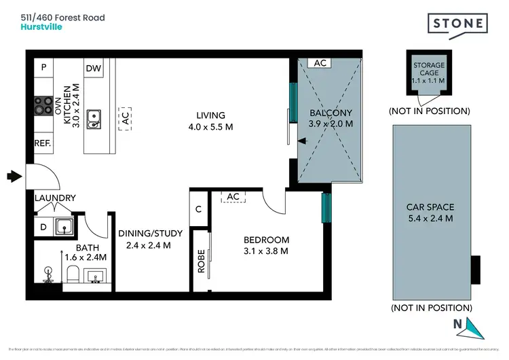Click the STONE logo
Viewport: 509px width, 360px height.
click(458, 23)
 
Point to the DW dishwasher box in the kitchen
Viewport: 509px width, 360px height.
click(93, 68)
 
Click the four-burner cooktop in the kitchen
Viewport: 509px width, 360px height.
click(43, 105)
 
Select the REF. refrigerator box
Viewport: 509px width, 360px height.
click(43, 144)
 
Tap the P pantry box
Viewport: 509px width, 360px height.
click(43, 67)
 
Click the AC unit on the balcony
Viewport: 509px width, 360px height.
click(320, 62)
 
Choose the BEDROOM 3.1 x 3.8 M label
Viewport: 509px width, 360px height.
click(267, 245)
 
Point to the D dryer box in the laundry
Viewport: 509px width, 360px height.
click(43, 227)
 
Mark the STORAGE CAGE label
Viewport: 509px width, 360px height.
click(429, 71)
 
